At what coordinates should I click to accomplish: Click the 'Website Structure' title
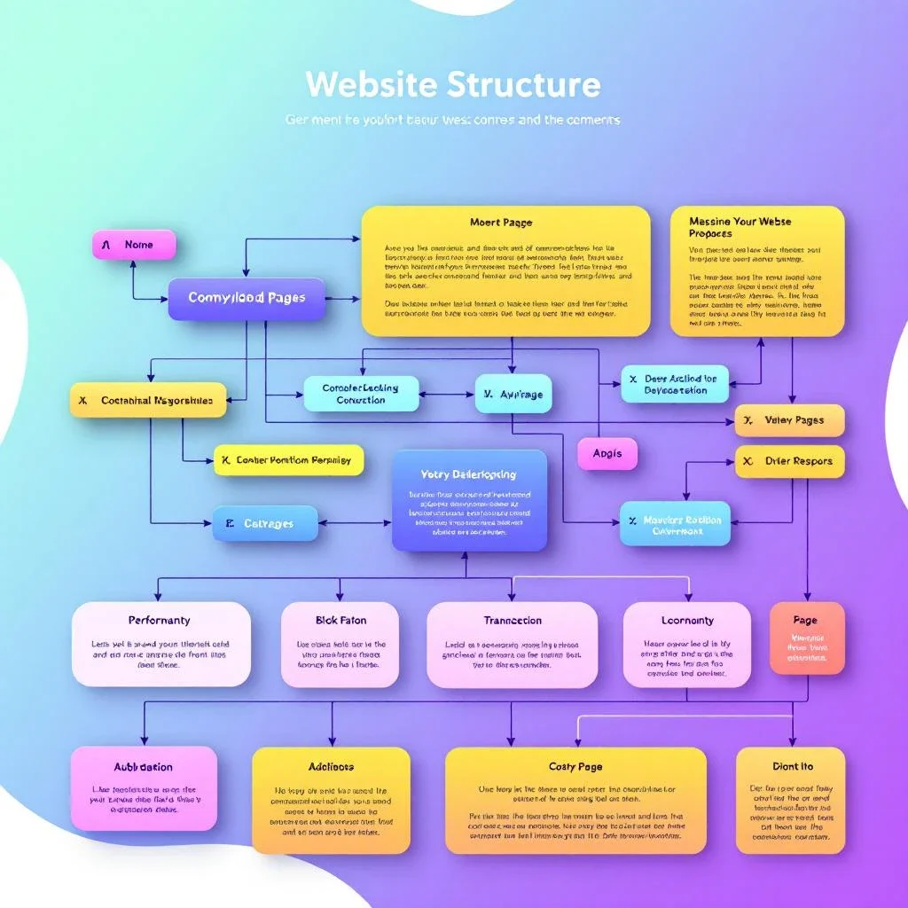453,85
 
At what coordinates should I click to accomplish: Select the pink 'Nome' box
134,245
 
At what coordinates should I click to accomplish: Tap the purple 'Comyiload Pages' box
247,299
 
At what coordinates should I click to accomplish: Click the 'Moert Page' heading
501,222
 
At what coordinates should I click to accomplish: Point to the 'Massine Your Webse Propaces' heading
740,227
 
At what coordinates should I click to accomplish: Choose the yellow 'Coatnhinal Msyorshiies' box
147,400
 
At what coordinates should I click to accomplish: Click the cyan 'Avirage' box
513,393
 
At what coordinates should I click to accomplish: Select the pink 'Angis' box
607,453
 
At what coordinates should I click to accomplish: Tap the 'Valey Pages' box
789,420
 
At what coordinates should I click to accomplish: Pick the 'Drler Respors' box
789,461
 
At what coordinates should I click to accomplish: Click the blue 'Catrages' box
265,523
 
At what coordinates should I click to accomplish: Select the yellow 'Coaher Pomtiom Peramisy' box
288,460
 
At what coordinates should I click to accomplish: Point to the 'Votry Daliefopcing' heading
468,474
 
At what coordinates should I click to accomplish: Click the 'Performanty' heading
160,620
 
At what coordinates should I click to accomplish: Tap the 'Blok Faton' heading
340,620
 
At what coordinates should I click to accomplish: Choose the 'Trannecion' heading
513,621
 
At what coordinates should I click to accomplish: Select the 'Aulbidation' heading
144,767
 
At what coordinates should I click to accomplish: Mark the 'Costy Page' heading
575,766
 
